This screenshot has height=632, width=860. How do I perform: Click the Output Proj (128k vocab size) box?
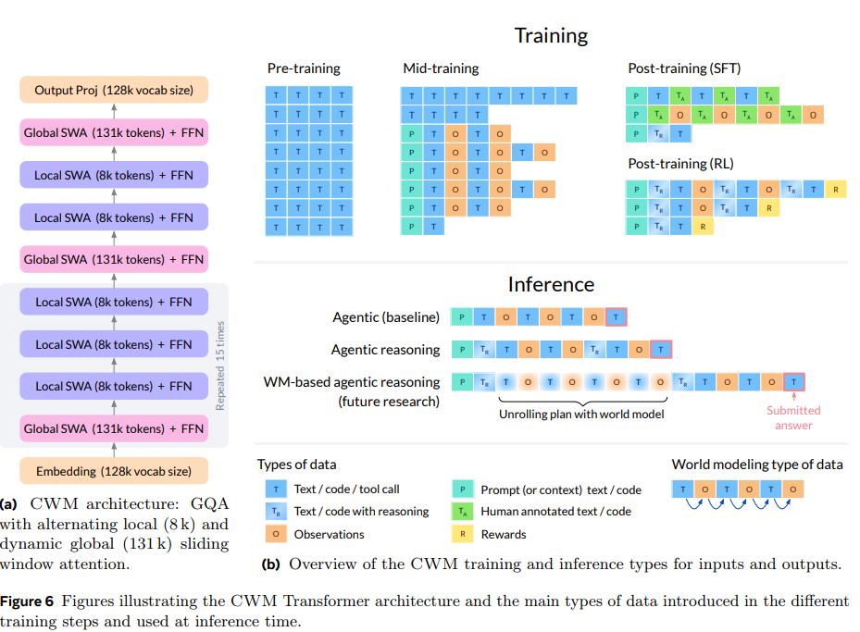(x=114, y=90)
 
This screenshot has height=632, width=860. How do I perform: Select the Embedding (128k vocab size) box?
(x=114, y=471)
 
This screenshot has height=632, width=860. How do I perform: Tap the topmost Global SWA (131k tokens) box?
(x=114, y=132)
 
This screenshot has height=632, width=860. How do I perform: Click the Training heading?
(x=551, y=36)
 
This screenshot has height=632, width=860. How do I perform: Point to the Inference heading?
(x=551, y=284)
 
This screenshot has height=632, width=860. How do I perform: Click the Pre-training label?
(x=304, y=68)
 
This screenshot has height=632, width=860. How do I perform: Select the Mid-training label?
(x=441, y=68)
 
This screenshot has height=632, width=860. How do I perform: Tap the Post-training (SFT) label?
(x=684, y=68)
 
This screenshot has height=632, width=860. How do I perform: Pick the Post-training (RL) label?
(x=680, y=164)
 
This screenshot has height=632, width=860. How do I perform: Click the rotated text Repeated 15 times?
(x=220, y=366)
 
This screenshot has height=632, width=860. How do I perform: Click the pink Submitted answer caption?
(x=793, y=417)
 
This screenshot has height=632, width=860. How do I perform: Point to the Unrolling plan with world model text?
(x=581, y=415)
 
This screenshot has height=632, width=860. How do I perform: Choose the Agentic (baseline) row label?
(x=386, y=317)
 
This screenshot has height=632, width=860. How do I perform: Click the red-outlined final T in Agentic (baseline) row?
(x=616, y=317)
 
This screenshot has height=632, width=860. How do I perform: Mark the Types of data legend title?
(x=296, y=465)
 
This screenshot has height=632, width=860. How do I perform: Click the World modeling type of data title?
(x=756, y=465)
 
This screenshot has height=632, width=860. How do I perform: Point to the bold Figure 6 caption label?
(x=31, y=601)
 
